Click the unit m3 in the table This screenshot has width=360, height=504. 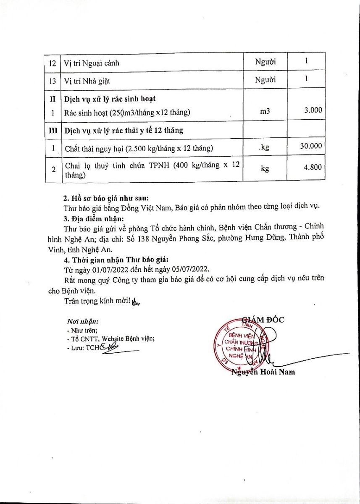tap(265, 111)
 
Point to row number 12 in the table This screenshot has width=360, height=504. tap(53, 63)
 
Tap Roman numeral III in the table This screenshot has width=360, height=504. tap(53, 130)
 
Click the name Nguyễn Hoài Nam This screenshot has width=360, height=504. tap(264, 372)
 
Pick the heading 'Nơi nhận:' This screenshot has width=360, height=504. tap(83, 322)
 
